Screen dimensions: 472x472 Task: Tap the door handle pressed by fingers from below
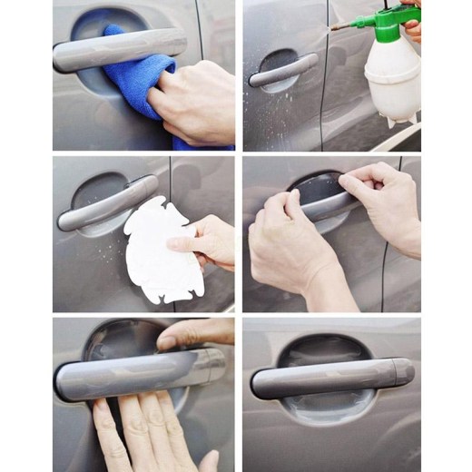(x=136, y=372)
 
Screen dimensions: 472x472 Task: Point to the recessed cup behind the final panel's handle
(x=309, y=349)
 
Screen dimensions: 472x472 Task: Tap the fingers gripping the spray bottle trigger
(x=413, y=27)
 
